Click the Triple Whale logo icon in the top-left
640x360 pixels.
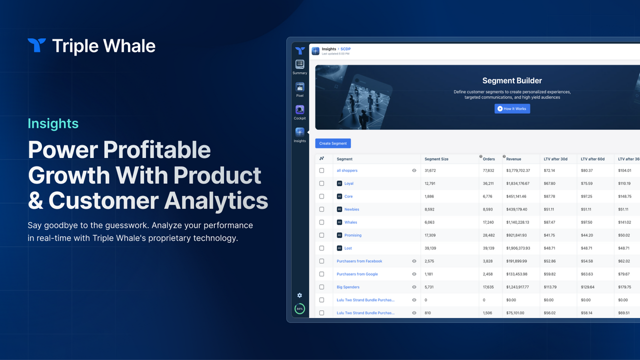click(36, 45)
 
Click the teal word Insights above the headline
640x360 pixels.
click(53, 123)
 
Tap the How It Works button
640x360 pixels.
click(512, 108)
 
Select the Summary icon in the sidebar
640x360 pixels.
click(299, 64)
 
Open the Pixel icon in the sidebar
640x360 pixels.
click(299, 87)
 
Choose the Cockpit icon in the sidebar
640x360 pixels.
click(299, 109)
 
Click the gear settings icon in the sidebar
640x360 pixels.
click(299, 295)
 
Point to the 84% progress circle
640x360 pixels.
click(299, 309)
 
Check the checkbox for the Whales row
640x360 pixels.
click(321, 222)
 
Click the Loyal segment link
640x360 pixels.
click(349, 183)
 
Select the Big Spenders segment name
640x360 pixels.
click(348, 287)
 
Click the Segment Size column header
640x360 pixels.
click(436, 159)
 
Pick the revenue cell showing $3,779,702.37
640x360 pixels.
click(518, 170)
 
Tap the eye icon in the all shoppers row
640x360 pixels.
click(414, 170)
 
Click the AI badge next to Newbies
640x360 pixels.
click(339, 209)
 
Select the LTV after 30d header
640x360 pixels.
click(555, 159)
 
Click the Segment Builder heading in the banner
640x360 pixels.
click(512, 80)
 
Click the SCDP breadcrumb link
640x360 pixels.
click(345, 49)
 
